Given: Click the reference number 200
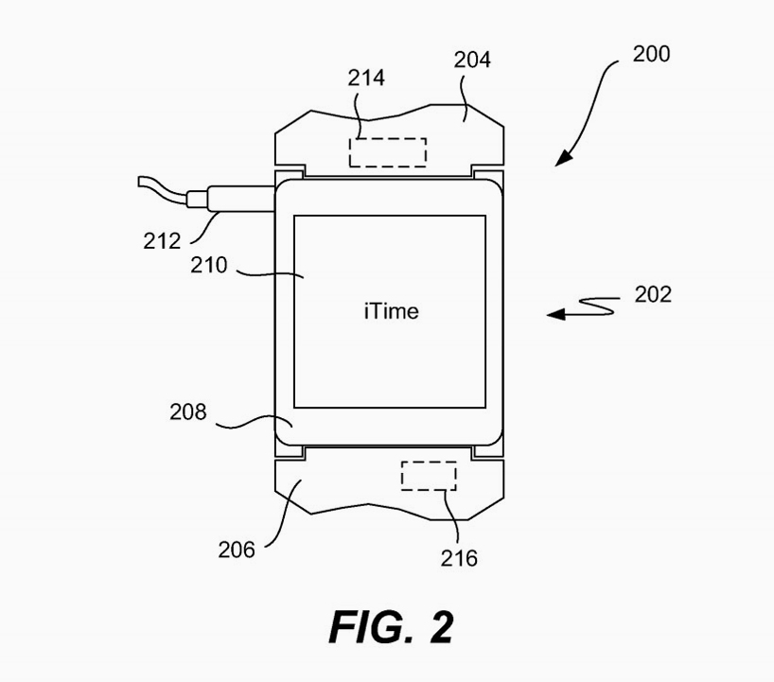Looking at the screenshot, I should coord(651,54).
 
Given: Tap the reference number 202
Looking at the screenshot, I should coord(653,294).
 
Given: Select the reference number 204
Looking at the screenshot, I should coord(472,61).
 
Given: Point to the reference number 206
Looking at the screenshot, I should coord(237,549).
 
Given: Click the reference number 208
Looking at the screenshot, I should coord(188,412).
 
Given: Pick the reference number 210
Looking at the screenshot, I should coord(208,266).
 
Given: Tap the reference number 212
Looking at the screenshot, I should coord(162,240).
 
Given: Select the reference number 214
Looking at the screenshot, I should coord(366,78).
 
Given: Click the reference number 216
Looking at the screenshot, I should coord(459,557).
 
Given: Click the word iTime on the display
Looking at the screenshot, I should coord(390,310).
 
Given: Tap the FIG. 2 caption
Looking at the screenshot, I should coord(391,627).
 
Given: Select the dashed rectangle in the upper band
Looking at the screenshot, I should coord(388,152).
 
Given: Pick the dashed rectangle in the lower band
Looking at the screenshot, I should coord(429,475).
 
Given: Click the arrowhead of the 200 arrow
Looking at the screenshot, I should coord(562,159).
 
